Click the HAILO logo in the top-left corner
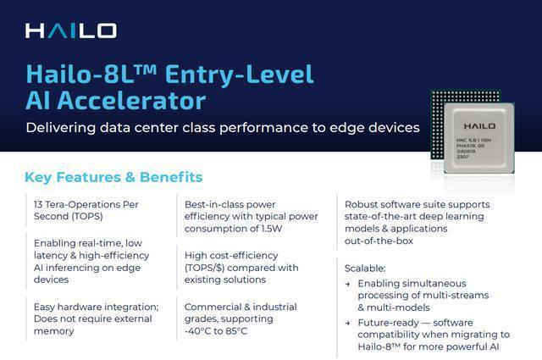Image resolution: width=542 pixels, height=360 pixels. pyautogui.click(x=71, y=30)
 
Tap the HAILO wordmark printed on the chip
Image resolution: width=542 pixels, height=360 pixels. pyautogui.click(x=479, y=126)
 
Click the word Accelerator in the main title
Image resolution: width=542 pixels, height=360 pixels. pyautogui.click(x=131, y=101)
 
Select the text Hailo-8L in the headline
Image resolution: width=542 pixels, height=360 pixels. pyautogui.click(x=80, y=75)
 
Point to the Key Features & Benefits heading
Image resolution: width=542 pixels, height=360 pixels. pyautogui.click(x=113, y=177)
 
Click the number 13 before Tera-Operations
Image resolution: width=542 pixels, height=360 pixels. pyautogui.click(x=38, y=204)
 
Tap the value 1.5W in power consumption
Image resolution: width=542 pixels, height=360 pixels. pyautogui.click(x=272, y=229)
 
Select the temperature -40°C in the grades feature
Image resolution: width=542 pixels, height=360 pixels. pyautogui.click(x=197, y=331)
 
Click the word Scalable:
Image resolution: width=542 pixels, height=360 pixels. pyautogui.click(x=365, y=269)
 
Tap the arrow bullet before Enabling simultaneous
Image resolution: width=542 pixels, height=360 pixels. pyautogui.click(x=348, y=285)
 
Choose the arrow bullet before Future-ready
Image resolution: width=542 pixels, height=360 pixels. pyautogui.click(x=348, y=324)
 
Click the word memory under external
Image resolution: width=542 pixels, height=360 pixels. pyautogui.click(x=54, y=331)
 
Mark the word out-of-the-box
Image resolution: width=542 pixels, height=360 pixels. pyautogui.click(x=379, y=241)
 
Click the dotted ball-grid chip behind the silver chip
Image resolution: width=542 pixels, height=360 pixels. pyautogui.click(x=436, y=125)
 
